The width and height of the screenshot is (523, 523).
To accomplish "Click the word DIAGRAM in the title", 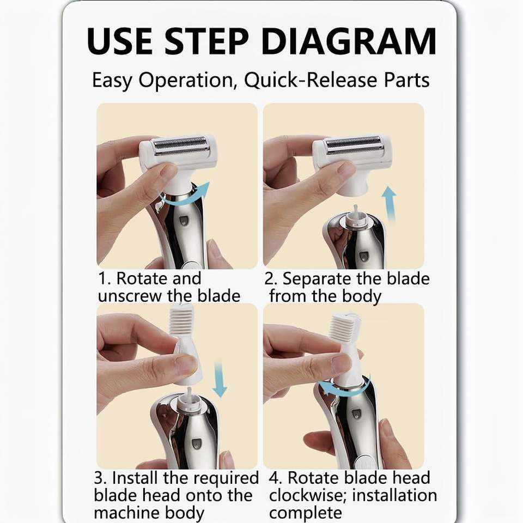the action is tap(349, 41).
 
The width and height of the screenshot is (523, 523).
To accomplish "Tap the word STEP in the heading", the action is tap(207, 41).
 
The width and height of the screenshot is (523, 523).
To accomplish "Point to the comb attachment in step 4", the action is tap(347, 347).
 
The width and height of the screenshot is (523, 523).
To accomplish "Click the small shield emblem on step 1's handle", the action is tap(184, 221).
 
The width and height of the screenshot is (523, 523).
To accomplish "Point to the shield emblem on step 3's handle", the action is tap(196, 443).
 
